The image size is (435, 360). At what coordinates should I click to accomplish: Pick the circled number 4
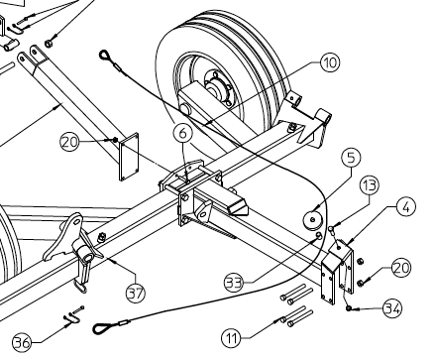click(406, 207)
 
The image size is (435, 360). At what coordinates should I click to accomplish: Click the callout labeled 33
click(235, 283)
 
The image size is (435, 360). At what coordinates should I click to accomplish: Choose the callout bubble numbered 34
click(391, 309)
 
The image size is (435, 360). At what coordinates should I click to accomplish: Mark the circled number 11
click(231, 338)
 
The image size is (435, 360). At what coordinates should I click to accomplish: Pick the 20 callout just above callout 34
click(400, 268)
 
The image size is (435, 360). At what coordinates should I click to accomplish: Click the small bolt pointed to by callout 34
click(354, 308)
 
